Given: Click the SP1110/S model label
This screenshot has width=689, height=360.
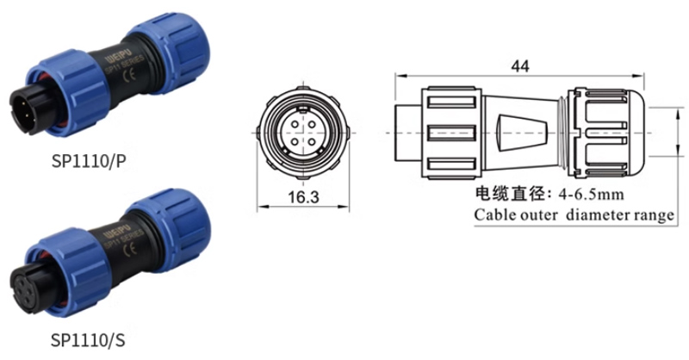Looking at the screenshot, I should (x=88, y=339).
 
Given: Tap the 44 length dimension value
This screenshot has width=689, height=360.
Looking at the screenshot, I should (x=520, y=66).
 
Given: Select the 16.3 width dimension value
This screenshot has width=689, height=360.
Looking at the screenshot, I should (x=303, y=197).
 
